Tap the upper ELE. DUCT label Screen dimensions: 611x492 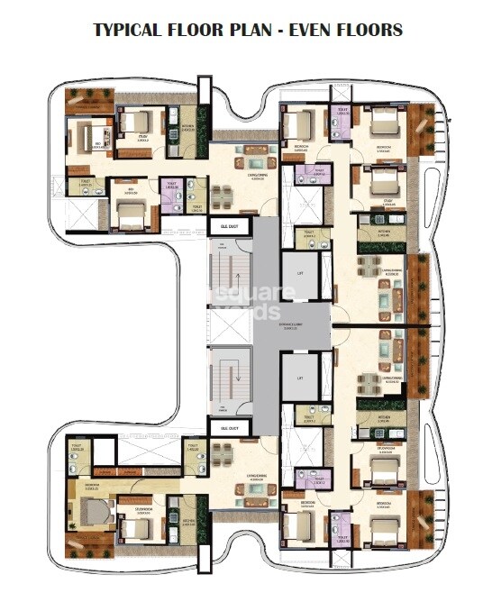(x=221, y=228)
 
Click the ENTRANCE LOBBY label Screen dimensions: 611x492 (x=290, y=325)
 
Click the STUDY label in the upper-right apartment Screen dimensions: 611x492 (x=365, y=203)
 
